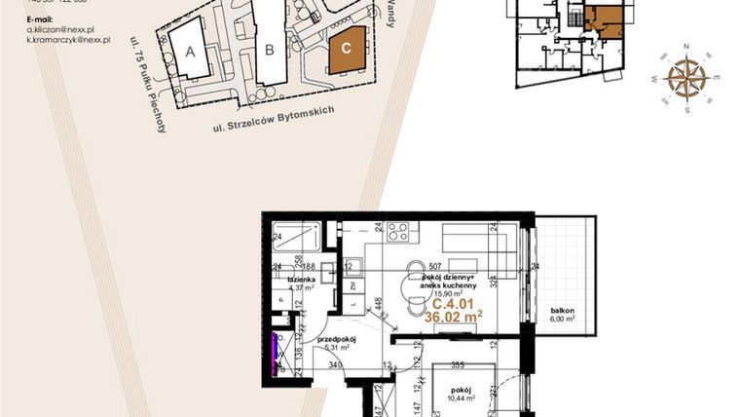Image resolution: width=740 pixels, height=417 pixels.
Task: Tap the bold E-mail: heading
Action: point(41,19)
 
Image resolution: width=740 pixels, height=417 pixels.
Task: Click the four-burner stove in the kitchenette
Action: point(398,233)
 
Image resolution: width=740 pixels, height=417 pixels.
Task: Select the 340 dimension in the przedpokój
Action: point(335,365)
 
